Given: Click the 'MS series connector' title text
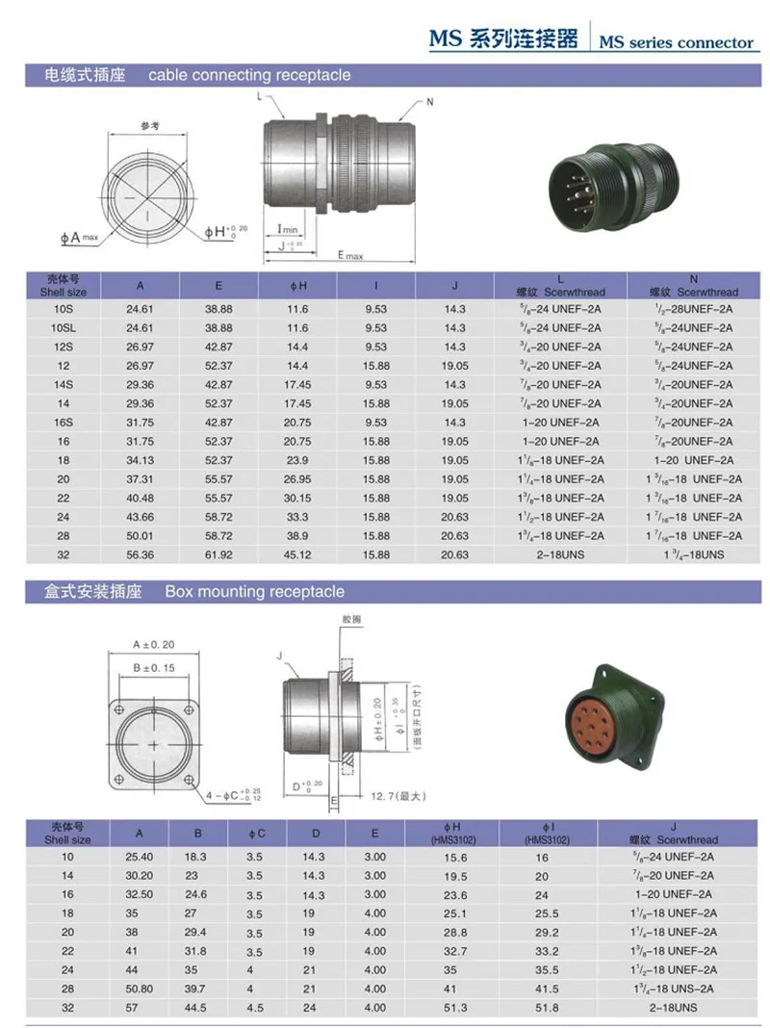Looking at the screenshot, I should [676, 42].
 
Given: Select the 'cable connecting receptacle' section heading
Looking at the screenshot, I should [249, 75].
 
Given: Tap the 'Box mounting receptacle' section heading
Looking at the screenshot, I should [254, 592].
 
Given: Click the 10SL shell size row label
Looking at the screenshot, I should [64, 328].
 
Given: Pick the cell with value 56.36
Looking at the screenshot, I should [141, 555].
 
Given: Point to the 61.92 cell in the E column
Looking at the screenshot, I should [218, 555].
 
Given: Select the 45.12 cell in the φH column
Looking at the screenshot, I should [297, 555].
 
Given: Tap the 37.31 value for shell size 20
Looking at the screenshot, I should [141, 479].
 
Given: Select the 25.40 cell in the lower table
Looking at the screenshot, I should [140, 857].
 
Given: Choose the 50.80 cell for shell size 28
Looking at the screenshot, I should [140, 989].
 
